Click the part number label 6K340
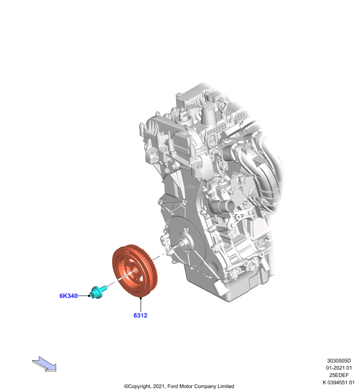tap(68, 296)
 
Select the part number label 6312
tap(140, 316)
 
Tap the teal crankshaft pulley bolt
tap(98, 292)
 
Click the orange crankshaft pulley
tap(135, 271)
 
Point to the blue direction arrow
tap(45, 364)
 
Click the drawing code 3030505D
tap(339, 361)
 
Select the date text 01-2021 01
tap(339, 368)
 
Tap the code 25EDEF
tap(339, 375)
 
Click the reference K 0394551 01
tap(338, 383)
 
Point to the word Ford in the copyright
tap(172, 386)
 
